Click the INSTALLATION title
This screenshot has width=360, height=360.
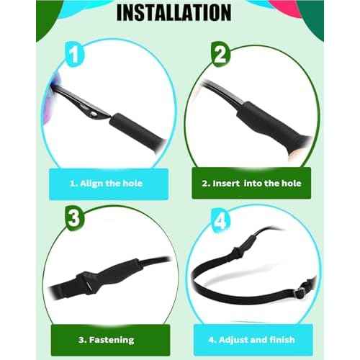click(x=174, y=12)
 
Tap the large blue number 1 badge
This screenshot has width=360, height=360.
click(x=74, y=55)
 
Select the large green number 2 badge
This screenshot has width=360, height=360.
click(x=220, y=54)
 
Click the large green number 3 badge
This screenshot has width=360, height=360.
click(x=74, y=217)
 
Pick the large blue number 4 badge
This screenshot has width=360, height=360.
click(x=221, y=221)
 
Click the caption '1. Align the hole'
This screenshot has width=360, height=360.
click(x=107, y=184)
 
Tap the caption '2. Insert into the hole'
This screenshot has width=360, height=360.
click(x=251, y=184)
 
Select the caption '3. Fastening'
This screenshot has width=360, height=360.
click(x=107, y=340)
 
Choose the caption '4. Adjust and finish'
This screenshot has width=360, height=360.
click(x=251, y=340)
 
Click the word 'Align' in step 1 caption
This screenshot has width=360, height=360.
click(x=91, y=184)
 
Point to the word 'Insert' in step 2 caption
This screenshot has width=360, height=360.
click(x=226, y=184)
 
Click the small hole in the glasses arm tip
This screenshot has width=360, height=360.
click(x=92, y=112)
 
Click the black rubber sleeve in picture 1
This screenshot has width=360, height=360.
click(x=137, y=130)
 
